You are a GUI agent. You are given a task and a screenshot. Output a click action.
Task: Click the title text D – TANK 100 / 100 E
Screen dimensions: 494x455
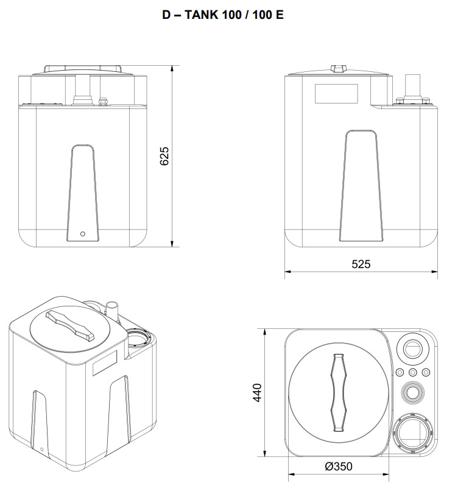pos(222,15)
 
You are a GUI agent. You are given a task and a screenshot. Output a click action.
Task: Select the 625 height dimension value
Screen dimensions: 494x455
pos(164,157)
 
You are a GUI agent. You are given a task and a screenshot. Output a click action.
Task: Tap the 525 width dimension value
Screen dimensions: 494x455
pos(361,264)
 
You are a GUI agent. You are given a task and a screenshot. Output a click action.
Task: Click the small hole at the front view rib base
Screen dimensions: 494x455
pos(83,233)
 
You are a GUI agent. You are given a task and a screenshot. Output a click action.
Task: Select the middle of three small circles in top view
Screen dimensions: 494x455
pos(413,372)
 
